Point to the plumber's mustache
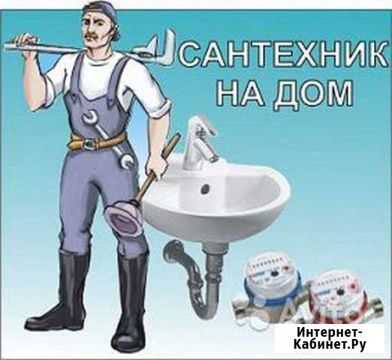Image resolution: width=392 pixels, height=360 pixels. coord(94,35)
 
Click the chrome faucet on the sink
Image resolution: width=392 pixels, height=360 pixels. coord(198,142)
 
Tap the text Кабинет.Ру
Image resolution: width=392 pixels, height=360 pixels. coord(330,345)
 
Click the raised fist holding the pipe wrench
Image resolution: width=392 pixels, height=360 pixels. coord(27,43)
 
